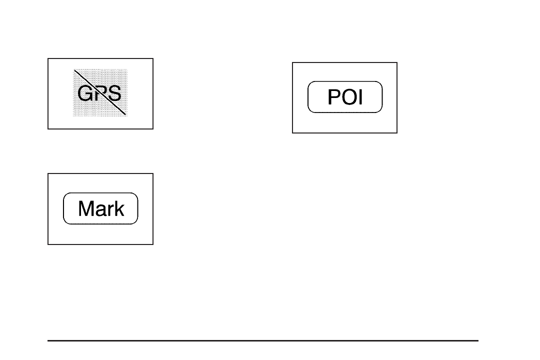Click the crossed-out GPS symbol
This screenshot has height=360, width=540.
coord(100,93)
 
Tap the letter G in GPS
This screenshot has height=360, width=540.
coord(85,93)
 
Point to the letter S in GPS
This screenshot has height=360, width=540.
coord(114,93)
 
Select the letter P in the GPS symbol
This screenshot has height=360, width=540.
coord(100,93)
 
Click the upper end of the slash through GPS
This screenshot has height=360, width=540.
coord(75,70)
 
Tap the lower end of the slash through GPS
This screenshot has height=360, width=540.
coord(125,114)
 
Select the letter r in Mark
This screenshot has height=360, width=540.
coord(109,210)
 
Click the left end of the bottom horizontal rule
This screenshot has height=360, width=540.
coord(48,341)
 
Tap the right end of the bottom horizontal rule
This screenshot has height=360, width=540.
coord(478,341)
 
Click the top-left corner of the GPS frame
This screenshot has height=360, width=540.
coord(48,58)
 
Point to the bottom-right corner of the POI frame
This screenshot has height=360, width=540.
coord(397,132)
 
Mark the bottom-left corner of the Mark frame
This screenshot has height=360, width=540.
coord(48,244)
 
